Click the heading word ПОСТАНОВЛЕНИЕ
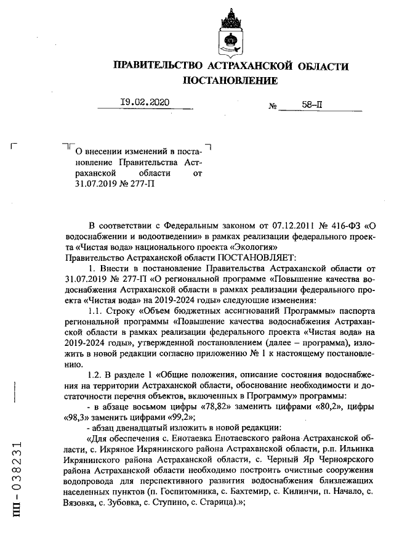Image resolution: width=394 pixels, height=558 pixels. tap(230, 81)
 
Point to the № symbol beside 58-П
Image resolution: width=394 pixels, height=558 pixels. tap(273, 106)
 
